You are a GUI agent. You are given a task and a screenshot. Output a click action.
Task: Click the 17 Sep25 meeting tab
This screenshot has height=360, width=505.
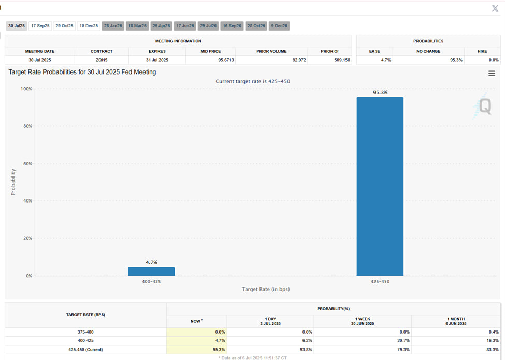click(40, 26)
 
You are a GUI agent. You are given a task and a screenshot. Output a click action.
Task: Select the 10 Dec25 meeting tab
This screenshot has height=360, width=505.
click(89, 26)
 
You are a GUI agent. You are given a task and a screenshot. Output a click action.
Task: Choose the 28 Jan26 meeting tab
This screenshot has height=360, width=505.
click(112, 26)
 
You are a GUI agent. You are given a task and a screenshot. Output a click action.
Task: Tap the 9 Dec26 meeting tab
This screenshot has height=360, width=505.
click(279, 26)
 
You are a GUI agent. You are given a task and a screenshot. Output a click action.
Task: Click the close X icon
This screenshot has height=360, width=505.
click(495, 8)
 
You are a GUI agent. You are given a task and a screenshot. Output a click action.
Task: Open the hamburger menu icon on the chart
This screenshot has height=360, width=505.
click(492, 74)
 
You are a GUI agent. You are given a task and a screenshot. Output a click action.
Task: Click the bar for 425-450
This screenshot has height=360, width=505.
click(380, 186)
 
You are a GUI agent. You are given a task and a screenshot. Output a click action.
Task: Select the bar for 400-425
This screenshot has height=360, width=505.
click(151, 271)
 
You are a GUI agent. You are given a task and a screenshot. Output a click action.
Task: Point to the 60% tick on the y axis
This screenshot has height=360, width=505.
click(26, 164)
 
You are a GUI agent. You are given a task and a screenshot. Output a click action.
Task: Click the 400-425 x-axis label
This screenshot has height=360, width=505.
click(151, 282)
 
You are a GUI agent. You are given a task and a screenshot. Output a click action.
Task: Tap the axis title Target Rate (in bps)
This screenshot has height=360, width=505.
click(266, 289)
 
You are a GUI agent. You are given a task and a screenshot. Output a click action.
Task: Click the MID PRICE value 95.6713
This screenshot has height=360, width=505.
click(210, 60)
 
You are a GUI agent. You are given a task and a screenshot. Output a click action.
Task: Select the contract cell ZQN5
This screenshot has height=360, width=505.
click(102, 60)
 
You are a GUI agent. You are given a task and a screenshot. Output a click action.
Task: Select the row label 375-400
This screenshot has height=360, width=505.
click(85, 332)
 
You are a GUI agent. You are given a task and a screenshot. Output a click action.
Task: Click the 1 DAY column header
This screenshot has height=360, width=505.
click(270, 321)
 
